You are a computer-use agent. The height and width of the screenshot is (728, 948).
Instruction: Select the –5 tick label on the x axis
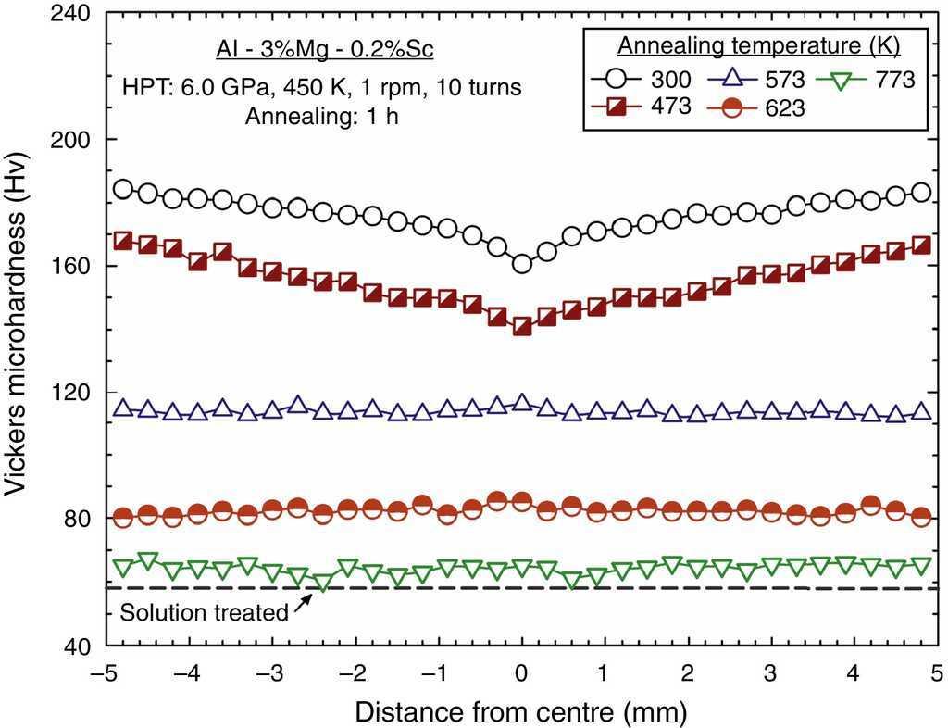tap(105, 672)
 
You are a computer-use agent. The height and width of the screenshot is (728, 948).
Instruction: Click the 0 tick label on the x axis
tap(522, 672)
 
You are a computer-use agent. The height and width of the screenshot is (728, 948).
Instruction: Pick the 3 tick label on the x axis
tap(770, 672)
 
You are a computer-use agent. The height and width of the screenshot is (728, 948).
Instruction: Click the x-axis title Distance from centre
tap(521, 710)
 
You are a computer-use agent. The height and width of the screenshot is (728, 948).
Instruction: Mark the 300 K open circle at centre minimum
tap(522, 264)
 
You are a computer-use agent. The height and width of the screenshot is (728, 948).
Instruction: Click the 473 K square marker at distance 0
tap(522, 326)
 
